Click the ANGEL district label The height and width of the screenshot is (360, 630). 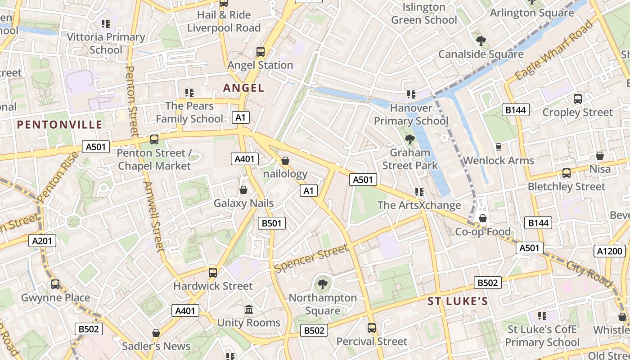tap(243, 88)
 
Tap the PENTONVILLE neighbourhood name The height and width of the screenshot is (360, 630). tap(60, 125)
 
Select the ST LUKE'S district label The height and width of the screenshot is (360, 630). tap(458, 301)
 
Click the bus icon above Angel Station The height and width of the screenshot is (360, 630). tap(261, 51)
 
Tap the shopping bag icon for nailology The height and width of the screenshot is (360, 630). tap(285, 160)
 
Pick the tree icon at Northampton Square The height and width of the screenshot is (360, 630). tap(322, 284)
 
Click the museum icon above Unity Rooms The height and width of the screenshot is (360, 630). tap(248, 309)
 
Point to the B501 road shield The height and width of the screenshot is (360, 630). tap(271, 223)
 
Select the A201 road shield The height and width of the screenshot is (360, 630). tap(43, 241)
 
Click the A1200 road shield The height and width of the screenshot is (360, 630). tap(610, 252)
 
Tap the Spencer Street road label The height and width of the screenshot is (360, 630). tap(311, 258)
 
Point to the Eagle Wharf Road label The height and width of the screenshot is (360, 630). tap(554, 50)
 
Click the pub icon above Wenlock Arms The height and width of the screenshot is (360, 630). tap(498, 147)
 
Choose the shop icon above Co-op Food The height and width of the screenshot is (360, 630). tap(483, 218)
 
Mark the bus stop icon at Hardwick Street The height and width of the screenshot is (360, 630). tap(213, 272)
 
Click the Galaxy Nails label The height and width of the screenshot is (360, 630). tap(243, 203)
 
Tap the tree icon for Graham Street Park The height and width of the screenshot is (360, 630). tap(409, 139)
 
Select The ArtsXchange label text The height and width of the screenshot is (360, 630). tap(419, 205)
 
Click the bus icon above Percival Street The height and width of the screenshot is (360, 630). tap(371, 328)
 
